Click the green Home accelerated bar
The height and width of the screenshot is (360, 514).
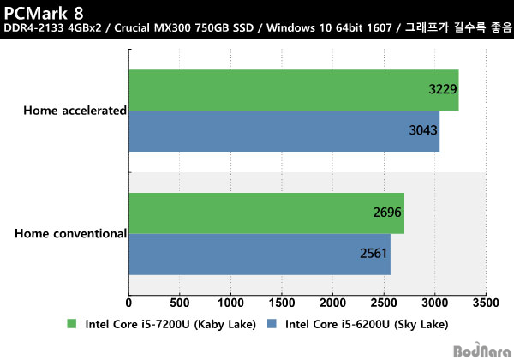(293, 90)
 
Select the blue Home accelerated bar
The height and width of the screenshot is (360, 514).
(284, 131)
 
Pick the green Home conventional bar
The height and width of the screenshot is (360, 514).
(266, 213)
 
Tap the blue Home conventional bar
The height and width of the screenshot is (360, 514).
(259, 255)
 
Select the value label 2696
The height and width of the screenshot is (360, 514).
(386, 213)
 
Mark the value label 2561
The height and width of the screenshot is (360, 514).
(374, 255)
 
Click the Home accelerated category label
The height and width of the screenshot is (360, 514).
(75, 111)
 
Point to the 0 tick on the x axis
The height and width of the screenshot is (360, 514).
(128, 303)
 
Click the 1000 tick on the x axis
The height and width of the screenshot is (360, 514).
(230, 303)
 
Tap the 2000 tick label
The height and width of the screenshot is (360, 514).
(332, 303)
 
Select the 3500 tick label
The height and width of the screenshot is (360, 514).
(486, 303)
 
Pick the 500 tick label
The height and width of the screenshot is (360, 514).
(179, 303)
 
